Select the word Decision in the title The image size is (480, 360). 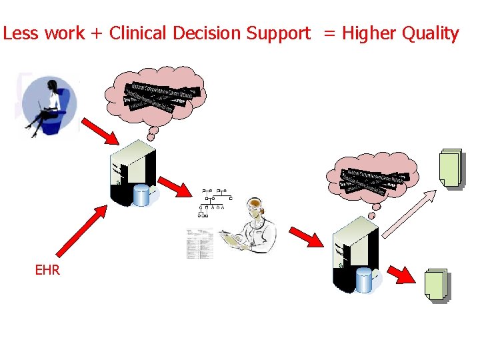point(205,33)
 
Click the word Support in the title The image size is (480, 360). point(279,33)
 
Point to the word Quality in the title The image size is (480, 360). point(429,33)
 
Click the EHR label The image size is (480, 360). point(47,270)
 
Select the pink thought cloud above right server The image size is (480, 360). point(372,179)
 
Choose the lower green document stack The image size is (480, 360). point(436,285)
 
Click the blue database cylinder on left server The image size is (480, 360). point(142,195)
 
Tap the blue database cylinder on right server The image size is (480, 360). point(364,279)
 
